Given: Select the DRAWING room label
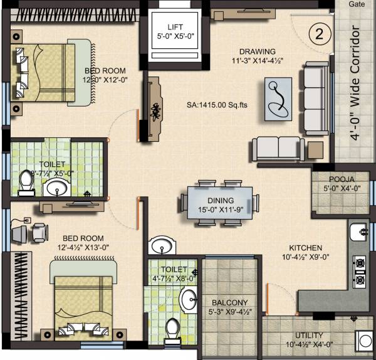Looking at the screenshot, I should (257, 51).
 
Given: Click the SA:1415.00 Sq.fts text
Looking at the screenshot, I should (217, 105).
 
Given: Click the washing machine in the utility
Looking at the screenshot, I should (365, 342).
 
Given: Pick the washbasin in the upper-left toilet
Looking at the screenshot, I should (60, 187).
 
